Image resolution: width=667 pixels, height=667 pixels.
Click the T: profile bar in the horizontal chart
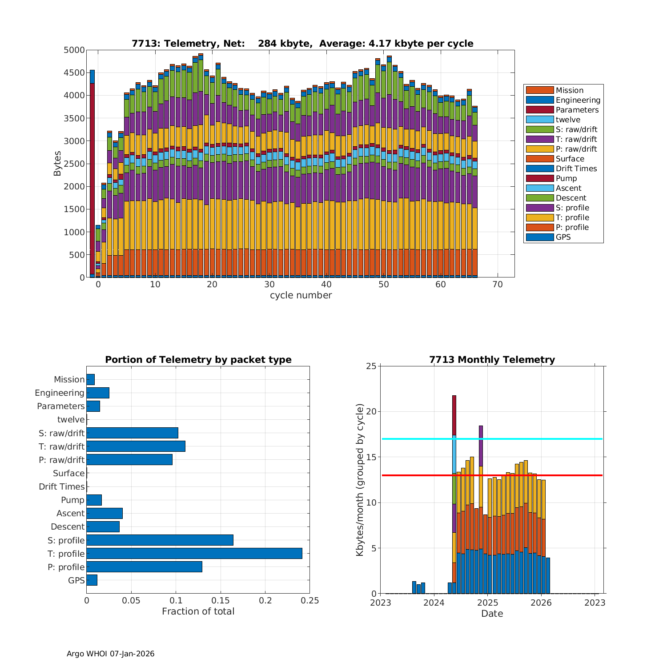(194, 553)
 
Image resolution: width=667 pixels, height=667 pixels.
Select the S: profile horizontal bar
(160, 540)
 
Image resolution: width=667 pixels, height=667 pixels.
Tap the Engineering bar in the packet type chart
(98, 393)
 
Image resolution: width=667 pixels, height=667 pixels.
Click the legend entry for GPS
(563, 237)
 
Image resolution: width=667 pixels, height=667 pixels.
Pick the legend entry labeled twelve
(568, 120)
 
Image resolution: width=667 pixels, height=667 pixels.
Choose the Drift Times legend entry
(576, 169)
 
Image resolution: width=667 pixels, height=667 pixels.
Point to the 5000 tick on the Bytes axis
(74, 50)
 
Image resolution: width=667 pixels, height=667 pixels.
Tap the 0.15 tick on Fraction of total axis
(221, 601)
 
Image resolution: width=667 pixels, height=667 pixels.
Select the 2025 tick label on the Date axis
(487, 603)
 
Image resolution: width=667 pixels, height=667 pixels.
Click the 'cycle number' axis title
(301, 295)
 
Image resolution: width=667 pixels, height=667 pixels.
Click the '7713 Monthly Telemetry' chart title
(492, 360)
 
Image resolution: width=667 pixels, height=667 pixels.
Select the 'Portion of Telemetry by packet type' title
(198, 360)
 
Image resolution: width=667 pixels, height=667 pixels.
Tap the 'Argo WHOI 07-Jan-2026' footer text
(110, 654)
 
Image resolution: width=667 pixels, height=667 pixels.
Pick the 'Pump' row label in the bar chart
(72, 500)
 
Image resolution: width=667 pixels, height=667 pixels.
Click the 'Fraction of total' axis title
(198, 611)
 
